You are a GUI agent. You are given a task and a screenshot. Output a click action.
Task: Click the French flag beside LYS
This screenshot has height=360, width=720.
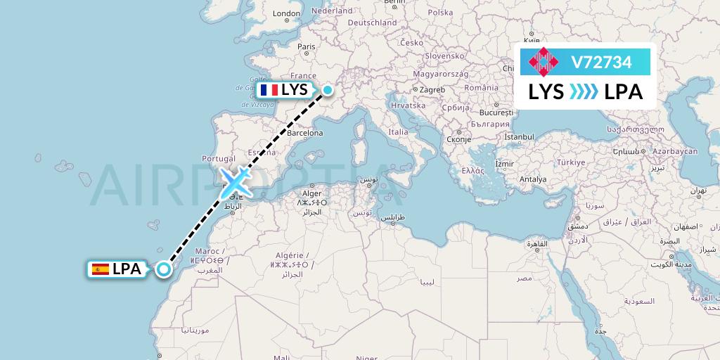click(x=269, y=90)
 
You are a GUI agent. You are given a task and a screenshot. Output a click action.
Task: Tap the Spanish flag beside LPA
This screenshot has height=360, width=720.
click(x=100, y=269)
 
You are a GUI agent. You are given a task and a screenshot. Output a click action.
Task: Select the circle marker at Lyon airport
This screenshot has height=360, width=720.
click(x=327, y=89)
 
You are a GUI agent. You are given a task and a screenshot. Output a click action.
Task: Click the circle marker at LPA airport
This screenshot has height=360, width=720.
click(x=164, y=269)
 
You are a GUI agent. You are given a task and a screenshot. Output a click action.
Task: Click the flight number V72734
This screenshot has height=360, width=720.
click(x=601, y=63)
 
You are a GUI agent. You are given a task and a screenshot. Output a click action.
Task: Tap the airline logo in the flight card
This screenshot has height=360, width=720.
click(x=544, y=62)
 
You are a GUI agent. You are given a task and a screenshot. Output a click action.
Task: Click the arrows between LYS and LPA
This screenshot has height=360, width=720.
click(x=584, y=92)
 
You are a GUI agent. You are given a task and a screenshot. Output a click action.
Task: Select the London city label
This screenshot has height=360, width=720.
click(x=286, y=13)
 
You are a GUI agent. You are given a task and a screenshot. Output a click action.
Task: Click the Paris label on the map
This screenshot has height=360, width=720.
click(x=306, y=46)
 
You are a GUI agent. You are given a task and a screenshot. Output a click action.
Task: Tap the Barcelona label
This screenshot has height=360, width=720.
click(x=304, y=133)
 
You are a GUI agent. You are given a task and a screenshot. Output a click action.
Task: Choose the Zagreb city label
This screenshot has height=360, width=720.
click(x=432, y=90)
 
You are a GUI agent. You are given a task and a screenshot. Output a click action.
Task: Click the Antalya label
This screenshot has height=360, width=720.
click(x=532, y=179)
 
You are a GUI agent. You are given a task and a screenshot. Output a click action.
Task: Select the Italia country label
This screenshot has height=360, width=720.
click(x=398, y=132)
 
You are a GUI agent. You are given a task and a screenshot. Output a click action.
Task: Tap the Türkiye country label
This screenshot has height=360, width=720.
click(x=572, y=162)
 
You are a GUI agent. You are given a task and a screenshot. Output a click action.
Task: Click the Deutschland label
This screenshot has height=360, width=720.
click(x=373, y=22)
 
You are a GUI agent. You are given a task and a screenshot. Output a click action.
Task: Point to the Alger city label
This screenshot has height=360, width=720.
click(x=311, y=193)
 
